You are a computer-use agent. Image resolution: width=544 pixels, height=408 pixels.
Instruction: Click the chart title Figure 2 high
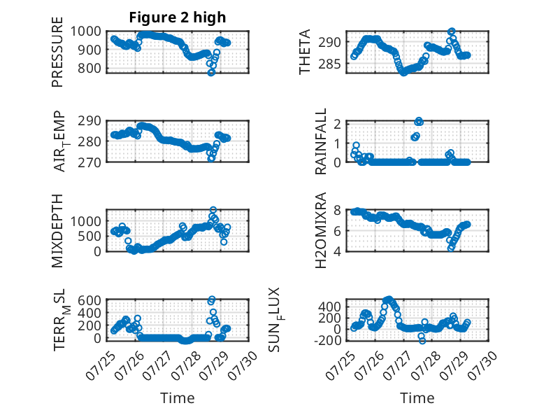click(x=178, y=17)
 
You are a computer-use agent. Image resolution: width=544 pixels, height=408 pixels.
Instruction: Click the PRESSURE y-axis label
click(x=57, y=52)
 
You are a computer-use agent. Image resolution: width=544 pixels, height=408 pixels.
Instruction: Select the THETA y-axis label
click(x=304, y=52)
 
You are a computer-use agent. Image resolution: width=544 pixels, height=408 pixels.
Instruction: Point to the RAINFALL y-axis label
click(x=320, y=141)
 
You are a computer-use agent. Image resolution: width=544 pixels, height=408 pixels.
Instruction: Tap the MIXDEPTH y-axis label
click(x=57, y=230)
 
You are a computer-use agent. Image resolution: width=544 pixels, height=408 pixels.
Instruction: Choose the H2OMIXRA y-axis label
click(x=320, y=230)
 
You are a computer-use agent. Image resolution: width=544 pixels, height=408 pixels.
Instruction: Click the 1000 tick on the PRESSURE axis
click(x=86, y=31)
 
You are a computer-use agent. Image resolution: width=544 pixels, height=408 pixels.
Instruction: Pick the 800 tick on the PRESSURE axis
click(x=90, y=69)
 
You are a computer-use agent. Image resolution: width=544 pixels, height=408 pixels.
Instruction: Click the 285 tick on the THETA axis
click(x=329, y=64)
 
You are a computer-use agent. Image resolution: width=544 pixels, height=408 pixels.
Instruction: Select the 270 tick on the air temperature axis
click(x=90, y=162)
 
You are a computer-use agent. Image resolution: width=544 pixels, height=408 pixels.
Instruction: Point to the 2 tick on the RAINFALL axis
click(x=337, y=124)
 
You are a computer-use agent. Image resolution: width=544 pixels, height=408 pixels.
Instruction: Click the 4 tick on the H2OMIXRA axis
click(x=337, y=251)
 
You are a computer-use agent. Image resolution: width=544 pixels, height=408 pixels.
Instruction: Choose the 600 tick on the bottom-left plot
click(x=90, y=300)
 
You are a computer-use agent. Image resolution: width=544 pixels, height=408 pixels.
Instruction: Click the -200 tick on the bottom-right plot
click(x=327, y=341)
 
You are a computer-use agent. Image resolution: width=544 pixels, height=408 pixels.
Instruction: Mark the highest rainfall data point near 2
click(x=419, y=121)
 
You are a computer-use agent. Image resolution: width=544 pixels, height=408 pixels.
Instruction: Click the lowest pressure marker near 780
click(x=211, y=72)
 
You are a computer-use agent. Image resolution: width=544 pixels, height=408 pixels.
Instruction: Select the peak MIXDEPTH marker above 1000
click(x=213, y=210)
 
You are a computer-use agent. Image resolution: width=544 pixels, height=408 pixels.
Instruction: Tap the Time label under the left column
click(x=178, y=398)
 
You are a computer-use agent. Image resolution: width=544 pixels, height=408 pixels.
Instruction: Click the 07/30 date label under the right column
click(x=482, y=365)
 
